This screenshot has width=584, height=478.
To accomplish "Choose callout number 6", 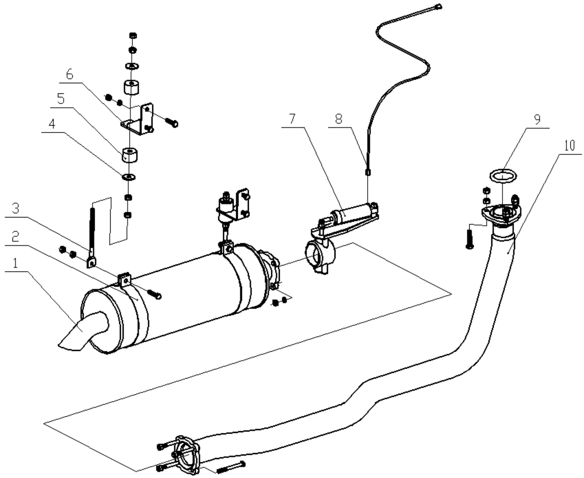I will pyautogui.click(x=69, y=75).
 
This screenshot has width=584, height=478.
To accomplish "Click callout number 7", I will pyautogui.click(x=291, y=119).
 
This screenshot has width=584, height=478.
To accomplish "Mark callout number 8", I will pyautogui.click(x=338, y=119).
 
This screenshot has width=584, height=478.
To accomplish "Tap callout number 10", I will pyautogui.click(x=569, y=146).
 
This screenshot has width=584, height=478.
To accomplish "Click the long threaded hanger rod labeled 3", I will pyautogui.click(x=92, y=231).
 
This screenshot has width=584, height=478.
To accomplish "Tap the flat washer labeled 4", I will pyautogui.click(x=129, y=176).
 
